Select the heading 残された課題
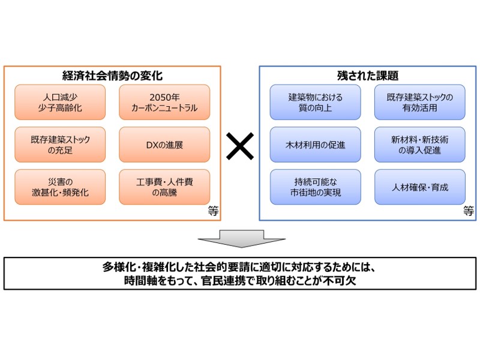[368, 76]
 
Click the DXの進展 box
[164, 145]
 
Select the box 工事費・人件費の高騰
[164, 187]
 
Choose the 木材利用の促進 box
[316, 145]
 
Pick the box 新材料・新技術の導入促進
[420, 145]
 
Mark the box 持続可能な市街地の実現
[316, 187]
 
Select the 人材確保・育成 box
[420, 187]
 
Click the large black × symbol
[240, 146]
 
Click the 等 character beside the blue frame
[469, 211]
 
